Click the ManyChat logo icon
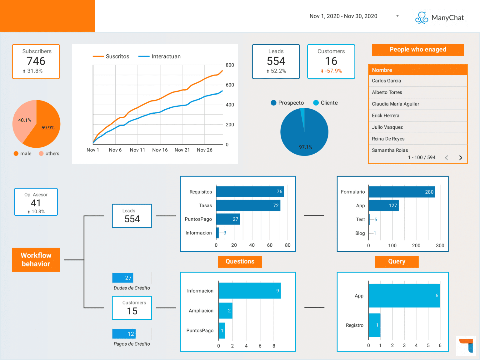[422, 18]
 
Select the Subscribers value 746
[36, 61]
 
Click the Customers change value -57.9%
[333, 71]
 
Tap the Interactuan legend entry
[160, 57]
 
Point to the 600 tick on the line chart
[230, 85]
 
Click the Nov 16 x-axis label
[160, 150]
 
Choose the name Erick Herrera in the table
[385, 116]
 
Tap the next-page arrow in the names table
[460, 158]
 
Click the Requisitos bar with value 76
[250, 192]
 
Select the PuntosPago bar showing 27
[228, 219]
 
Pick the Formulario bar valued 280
[402, 192]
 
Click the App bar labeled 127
[383, 205]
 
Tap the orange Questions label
[240, 262]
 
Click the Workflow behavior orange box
[36, 260]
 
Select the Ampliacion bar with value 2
[225, 311]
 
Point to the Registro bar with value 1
[374, 325]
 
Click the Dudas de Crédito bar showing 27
[123, 278]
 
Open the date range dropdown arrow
[397, 16]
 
